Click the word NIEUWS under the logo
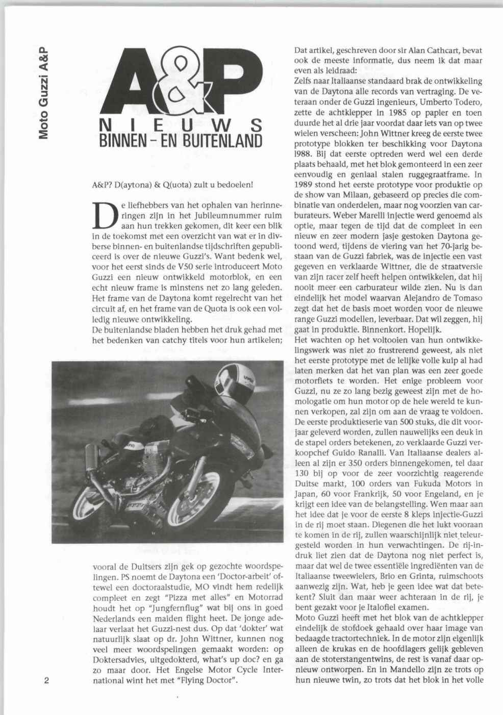[179, 125]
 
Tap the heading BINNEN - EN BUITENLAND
[179, 140]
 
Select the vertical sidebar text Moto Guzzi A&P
[44, 92]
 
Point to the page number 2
[46, 681]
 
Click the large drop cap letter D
[104, 216]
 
